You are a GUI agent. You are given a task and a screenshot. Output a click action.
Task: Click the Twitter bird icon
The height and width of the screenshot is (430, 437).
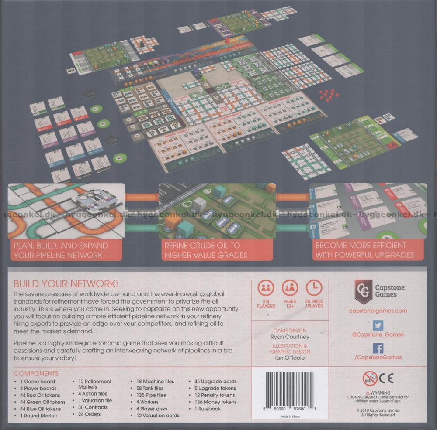coord(378,325)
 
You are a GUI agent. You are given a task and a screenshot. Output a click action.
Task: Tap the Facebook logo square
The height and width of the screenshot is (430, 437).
coord(378,348)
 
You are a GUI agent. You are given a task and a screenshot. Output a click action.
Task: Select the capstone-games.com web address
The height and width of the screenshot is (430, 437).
coord(378,311)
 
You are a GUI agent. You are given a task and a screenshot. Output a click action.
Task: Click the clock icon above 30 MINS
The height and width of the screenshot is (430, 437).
coord(314,288)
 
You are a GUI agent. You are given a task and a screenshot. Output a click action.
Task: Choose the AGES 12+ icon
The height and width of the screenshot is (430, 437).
coord(290,288)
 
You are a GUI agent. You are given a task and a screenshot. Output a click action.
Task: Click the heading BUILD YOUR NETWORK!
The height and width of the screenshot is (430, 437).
coord(66,283)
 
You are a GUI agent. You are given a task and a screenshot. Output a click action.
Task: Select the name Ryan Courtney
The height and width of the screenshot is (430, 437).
coord(290,337)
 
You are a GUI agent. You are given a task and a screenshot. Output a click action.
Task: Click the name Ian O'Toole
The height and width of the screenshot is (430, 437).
coord(290,358)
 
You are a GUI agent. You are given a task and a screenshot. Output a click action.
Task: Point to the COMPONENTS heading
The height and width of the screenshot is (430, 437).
coord(36,374)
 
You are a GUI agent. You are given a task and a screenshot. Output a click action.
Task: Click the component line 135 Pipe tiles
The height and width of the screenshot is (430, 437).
coord(148,395)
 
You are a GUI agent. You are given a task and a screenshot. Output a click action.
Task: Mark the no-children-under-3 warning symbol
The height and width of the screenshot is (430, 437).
coord(369,378)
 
